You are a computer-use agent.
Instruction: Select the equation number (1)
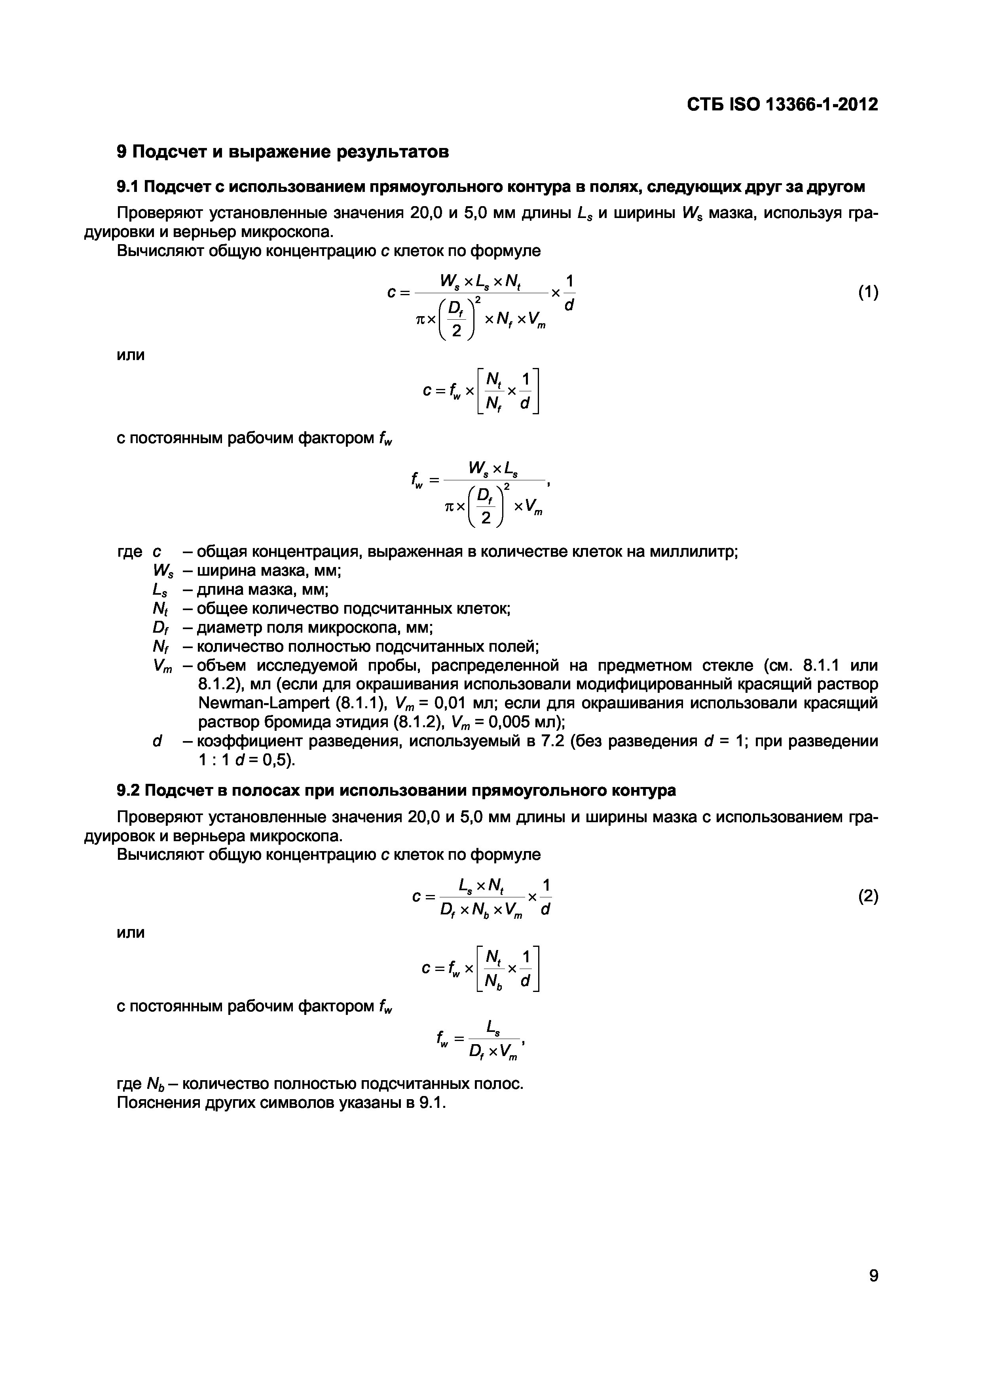[x=868, y=292]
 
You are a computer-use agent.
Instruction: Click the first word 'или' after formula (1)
[x=131, y=355]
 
